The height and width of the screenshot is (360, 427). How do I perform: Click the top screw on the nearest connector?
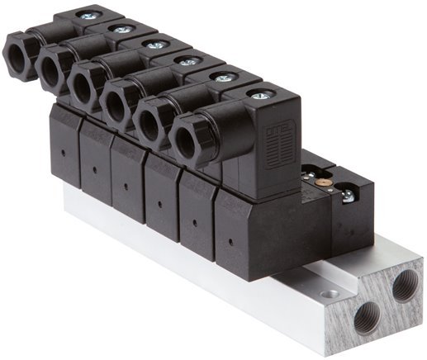click(259, 97)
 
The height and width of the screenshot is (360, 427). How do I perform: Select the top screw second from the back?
click(122, 30)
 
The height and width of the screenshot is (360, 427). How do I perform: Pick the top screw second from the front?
click(222, 78)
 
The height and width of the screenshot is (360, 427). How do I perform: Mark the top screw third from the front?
click(189, 61)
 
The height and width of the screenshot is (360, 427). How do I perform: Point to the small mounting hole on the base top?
click(331, 292)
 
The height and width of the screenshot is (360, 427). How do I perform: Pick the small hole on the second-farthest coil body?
click(93, 170)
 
